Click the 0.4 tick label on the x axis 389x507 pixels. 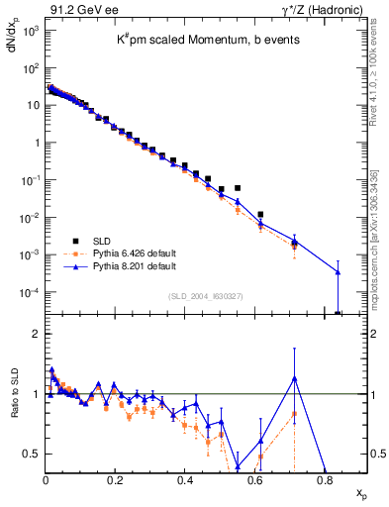[185, 482]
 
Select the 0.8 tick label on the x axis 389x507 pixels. [325, 482]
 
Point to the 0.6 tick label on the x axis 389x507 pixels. [255, 482]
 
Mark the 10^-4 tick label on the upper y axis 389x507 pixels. [30, 293]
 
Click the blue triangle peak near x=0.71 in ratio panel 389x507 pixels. [294, 377]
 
